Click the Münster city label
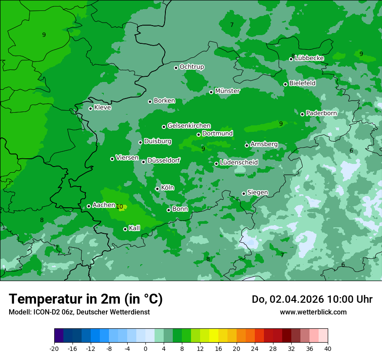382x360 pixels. click(227, 91)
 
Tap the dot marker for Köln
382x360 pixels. click(157, 189)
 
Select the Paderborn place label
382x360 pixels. click(321, 113)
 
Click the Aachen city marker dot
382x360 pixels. click(89, 206)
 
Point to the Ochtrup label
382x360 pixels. click(191, 67)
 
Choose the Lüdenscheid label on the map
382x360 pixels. click(239, 163)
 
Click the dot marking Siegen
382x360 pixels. click(244, 193)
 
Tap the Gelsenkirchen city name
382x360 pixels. click(189, 126)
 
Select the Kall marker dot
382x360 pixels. click(125, 229)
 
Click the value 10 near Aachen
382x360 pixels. click(119, 207)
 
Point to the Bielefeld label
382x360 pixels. click(302, 83)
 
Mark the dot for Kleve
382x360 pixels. click(90, 108)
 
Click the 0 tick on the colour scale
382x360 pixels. click(145, 348)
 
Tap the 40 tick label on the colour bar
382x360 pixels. click(327, 348)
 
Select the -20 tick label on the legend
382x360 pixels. click(54, 348)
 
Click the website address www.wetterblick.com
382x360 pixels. click(313, 312)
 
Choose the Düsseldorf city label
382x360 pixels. click(164, 160)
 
